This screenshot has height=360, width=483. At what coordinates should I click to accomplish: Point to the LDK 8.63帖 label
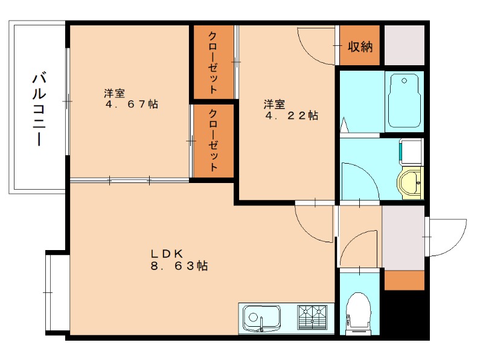[179, 260]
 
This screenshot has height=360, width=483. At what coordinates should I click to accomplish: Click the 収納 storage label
[360, 47]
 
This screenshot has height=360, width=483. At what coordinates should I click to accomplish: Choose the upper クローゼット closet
[213, 62]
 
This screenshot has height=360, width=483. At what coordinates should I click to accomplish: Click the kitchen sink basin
[261, 317]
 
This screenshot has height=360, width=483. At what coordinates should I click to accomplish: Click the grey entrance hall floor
[403, 237]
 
